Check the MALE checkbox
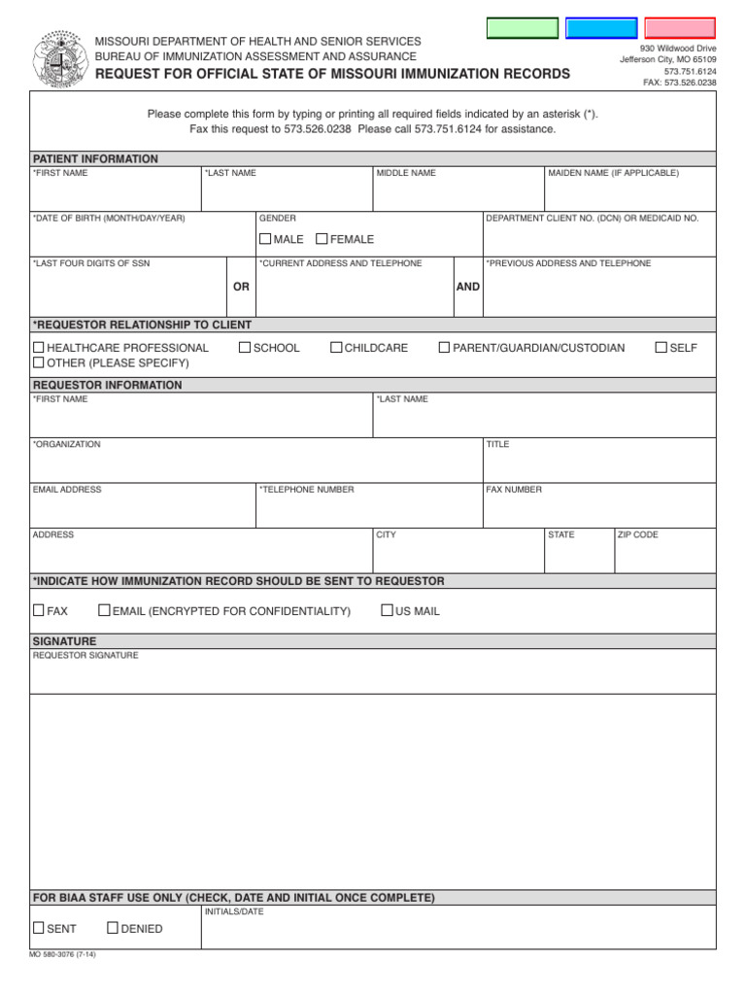pos(265,239)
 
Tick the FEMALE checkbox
pos(322,239)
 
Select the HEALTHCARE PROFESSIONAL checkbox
pos(39,347)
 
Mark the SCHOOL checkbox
pos(245,347)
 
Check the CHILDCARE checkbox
pos(336,347)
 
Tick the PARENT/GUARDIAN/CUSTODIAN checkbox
pos(444,347)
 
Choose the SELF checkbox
pos(661,347)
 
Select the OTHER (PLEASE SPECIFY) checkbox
pos(39,362)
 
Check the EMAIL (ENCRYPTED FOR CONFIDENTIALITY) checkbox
pos(104,610)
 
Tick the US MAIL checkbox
pos(387,610)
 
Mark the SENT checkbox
pos(39,928)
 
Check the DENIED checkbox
pos(113,928)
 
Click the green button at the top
pos(523,28)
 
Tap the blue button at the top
pos(601,28)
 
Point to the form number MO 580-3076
pos(63,954)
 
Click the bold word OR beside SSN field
pos(241,287)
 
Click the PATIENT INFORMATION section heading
pos(95,158)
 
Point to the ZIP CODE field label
pos(638,534)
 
